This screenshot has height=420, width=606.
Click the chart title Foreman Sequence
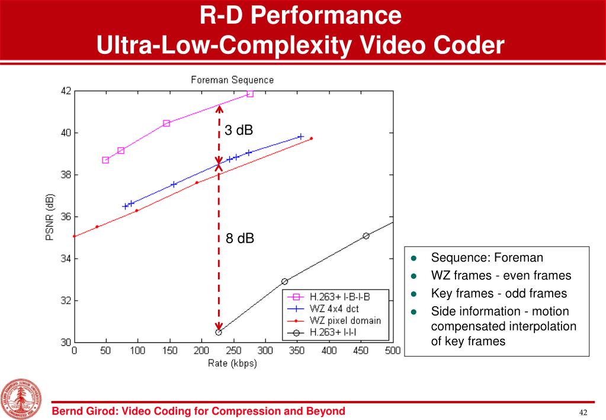[232, 79]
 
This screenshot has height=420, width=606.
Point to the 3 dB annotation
[239, 131]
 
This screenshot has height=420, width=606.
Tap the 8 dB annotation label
[240, 238]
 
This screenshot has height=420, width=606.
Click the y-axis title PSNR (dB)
[50, 217]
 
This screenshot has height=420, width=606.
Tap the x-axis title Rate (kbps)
[232, 363]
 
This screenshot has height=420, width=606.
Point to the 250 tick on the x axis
[233, 351]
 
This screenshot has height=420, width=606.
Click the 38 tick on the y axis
[65, 175]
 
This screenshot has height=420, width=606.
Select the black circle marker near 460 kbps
[366, 236]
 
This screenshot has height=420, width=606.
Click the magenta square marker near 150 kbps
[166, 123]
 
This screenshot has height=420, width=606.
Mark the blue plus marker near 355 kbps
[301, 136]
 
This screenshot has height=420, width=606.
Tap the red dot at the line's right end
[311, 139]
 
